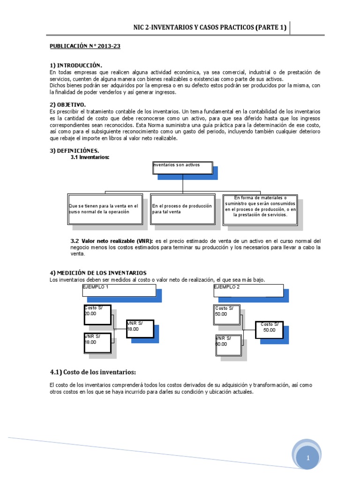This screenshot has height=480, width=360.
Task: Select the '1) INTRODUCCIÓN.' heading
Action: point(75,65)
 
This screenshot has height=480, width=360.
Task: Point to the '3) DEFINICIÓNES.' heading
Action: point(75,150)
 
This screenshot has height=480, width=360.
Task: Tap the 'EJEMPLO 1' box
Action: point(119,290)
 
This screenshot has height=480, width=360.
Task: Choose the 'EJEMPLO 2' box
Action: point(248,290)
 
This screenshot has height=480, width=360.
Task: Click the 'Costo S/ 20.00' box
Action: point(97,315)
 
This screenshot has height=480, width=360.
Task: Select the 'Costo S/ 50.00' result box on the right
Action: point(270,327)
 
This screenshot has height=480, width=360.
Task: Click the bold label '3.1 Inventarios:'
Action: point(90,157)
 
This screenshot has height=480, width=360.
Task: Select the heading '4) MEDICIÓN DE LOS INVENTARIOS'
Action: point(98,273)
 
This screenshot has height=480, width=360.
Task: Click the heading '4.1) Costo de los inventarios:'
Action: point(93,372)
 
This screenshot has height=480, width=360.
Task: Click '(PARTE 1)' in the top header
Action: point(271,28)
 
